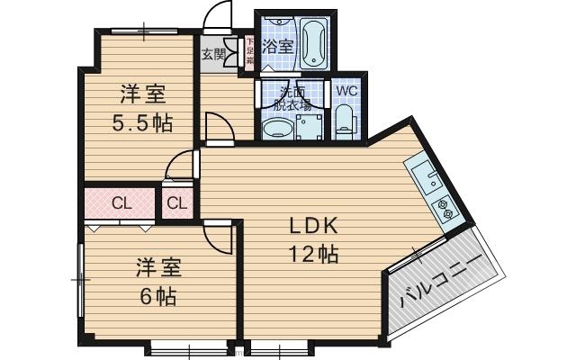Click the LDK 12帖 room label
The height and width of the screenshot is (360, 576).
312,240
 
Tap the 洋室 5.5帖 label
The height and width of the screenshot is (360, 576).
144,107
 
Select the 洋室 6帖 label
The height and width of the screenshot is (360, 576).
158,281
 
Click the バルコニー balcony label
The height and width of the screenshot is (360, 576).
440,285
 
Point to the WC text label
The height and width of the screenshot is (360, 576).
346,90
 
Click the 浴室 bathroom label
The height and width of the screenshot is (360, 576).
277,47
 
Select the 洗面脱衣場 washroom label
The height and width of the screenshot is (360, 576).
293,97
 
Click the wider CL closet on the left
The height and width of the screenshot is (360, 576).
121,203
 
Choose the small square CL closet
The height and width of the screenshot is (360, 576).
177,203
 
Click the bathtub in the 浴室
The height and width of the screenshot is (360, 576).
314,40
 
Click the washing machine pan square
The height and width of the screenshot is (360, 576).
310,126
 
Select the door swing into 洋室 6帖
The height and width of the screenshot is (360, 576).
218,238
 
